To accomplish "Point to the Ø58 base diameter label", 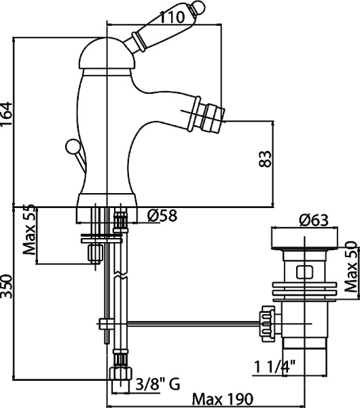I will [x=162, y=216].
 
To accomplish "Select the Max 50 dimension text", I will [x=350, y=267].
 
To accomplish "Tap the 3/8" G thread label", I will [x=158, y=386].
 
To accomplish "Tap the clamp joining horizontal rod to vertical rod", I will [x=105, y=322].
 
